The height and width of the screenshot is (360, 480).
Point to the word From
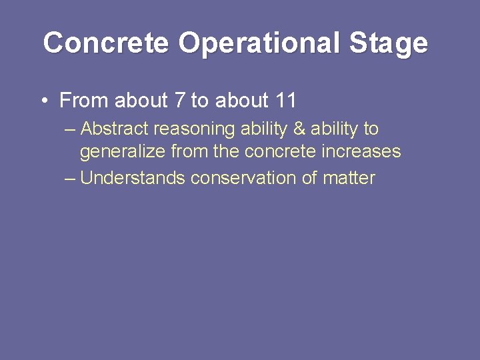point(84,101)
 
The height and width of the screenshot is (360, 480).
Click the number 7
point(179,101)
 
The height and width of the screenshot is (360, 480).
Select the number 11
point(285,101)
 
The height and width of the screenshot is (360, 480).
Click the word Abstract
point(115,128)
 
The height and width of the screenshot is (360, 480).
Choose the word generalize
point(123,152)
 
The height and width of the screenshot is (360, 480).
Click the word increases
point(362,152)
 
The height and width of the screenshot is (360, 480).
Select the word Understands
point(133,178)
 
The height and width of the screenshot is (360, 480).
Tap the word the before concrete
point(227,152)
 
